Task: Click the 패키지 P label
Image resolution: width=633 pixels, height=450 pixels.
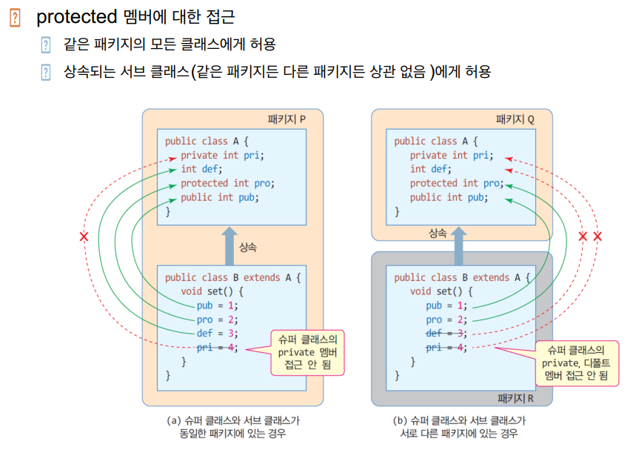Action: click(287, 119)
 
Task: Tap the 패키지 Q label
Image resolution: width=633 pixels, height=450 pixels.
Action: click(515, 119)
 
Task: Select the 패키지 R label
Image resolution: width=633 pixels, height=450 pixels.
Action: click(515, 397)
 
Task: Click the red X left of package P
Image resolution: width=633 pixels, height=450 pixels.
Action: click(84, 237)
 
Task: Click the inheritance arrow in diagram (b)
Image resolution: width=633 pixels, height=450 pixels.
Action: click(459, 245)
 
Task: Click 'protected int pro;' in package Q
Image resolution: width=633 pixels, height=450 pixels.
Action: click(456, 183)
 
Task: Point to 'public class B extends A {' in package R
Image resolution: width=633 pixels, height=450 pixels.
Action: click(462, 277)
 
